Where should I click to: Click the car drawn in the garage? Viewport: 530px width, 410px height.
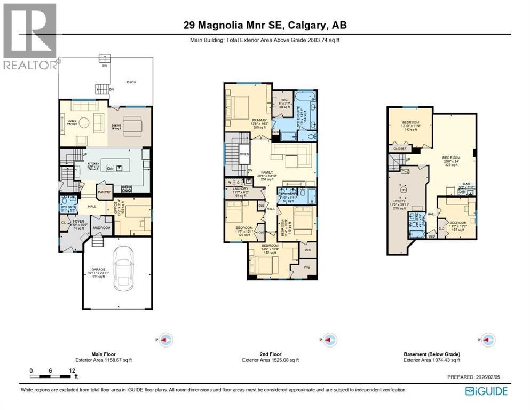(124, 267)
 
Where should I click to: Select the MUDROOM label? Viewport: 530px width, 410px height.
(101, 228)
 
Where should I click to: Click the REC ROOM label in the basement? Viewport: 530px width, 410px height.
(451, 157)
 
